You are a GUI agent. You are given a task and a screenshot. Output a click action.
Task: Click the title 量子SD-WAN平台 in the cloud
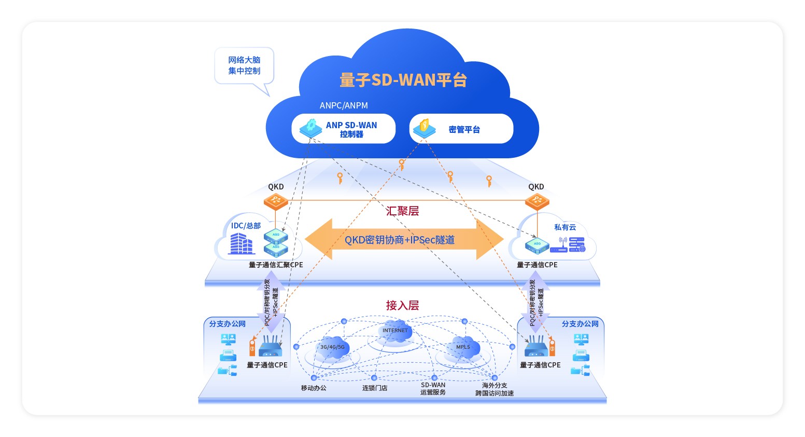pyautogui.click(x=403, y=80)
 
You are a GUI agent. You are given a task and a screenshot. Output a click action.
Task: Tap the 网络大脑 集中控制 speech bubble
pyautogui.click(x=244, y=66)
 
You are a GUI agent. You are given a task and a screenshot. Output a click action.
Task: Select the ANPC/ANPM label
pyautogui.click(x=344, y=105)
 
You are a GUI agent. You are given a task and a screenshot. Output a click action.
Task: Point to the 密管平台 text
pyautogui.click(x=464, y=130)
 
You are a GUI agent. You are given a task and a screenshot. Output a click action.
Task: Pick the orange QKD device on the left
pyautogui.click(x=276, y=201)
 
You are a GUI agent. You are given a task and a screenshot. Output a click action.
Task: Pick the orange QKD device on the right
pyautogui.click(x=536, y=201)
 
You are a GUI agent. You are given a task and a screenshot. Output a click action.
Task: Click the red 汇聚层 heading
pyautogui.click(x=402, y=211)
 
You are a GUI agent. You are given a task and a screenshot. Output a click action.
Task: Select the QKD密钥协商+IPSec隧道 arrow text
pyautogui.click(x=400, y=240)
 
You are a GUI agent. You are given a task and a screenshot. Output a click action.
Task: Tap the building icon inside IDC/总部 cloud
pyautogui.click(x=242, y=243)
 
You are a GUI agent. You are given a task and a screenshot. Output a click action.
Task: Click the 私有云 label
pyautogui.click(x=565, y=227)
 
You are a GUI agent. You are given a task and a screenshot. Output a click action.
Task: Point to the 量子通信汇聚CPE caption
pyautogui.click(x=276, y=265)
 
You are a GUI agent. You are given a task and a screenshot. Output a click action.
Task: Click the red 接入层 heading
pyautogui.click(x=402, y=305)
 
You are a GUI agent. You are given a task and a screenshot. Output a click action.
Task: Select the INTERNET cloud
pyautogui.click(x=395, y=331)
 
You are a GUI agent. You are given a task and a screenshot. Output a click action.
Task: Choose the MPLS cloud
pyautogui.click(x=463, y=347)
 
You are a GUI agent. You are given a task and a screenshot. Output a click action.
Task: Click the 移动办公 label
pyautogui.click(x=314, y=388)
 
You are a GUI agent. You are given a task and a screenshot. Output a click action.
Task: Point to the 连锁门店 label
pyautogui.click(x=375, y=388)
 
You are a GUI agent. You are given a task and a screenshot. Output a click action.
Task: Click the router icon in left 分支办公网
pyautogui.click(x=270, y=346)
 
